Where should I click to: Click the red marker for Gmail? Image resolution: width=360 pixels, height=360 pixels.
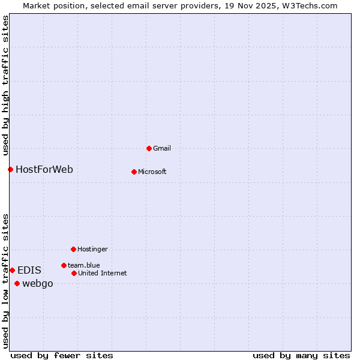(x=149, y=148)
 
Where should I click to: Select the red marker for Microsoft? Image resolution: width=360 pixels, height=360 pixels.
(x=134, y=172)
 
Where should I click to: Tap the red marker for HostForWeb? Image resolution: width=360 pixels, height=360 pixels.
(x=10, y=169)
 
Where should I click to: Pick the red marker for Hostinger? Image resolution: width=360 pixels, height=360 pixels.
(x=73, y=249)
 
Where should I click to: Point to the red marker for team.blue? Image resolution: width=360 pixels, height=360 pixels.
(x=64, y=265)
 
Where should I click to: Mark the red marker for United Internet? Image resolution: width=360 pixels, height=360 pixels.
(x=74, y=273)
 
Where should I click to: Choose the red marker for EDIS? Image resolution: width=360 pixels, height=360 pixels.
(x=12, y=270)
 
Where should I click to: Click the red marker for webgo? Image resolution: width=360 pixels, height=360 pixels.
(x=17, y=283)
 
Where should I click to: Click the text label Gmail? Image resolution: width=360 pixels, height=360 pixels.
(x=162, y=148)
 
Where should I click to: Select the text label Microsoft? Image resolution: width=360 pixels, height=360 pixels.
(x=152, y=172)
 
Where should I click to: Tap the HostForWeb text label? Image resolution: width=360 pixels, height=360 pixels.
(x=44, y=169)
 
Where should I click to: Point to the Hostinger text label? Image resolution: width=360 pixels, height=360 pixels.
(x=92, y=249)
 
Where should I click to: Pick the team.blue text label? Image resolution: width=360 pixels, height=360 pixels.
(x=84, y=265)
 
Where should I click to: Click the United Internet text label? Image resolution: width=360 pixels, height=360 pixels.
(x=103, y=273)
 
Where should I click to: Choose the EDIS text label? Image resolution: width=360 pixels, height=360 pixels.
(x=29, y=270)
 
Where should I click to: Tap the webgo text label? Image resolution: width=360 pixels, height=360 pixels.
(x=38, y=283)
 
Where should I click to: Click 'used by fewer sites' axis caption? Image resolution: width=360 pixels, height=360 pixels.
(x=62, y=355)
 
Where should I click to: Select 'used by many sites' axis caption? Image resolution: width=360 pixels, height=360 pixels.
(x=301, y=355)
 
